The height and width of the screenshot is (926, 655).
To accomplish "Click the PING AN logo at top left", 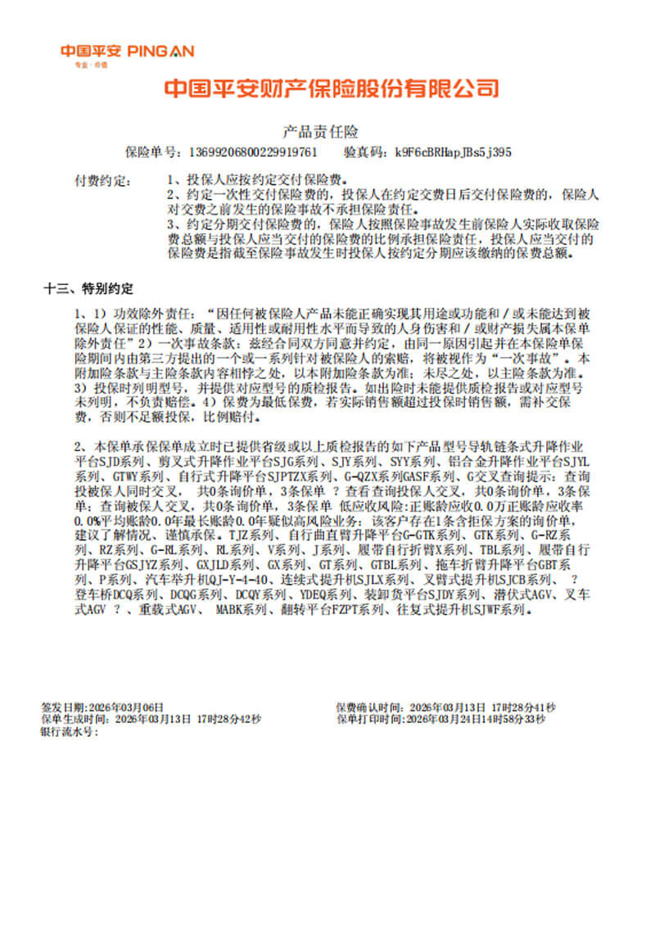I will (127, 53).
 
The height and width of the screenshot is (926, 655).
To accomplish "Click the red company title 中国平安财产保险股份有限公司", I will (332, 88).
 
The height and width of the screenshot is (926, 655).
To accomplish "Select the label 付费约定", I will (98, 178).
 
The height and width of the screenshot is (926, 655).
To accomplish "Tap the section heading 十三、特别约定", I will (88, 289).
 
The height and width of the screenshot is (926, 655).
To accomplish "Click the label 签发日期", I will (62, 706).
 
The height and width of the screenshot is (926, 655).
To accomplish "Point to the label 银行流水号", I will (68, 730).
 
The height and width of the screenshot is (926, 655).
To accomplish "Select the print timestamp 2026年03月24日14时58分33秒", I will (475, 718).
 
